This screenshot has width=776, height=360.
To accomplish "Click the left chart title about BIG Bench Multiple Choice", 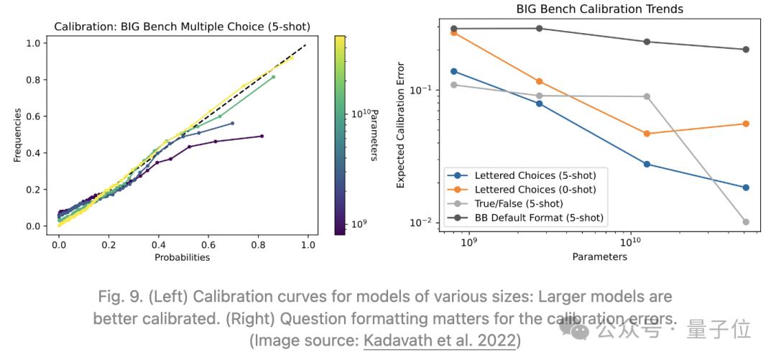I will pos(182,27).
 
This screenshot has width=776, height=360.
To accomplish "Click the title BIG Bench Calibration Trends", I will pos(599,9).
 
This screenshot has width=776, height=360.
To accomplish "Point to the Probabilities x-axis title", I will pos(182,257).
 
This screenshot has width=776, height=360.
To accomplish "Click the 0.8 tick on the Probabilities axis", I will pos(258,244).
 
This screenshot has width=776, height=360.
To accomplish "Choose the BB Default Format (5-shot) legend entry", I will pos(539,217).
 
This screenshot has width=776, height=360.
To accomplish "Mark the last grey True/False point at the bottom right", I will pos(746,222).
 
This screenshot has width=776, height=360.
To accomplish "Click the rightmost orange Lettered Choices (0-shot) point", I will pos(746,124).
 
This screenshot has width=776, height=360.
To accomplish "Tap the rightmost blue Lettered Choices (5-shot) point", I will pos(746,188).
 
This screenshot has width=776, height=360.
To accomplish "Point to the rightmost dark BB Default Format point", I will pos(746,50).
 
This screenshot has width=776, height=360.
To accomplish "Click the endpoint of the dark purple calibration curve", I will pos(262,136).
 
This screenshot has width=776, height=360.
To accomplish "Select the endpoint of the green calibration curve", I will pos(273,77).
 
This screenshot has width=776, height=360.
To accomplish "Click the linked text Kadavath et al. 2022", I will pos(440,341).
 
